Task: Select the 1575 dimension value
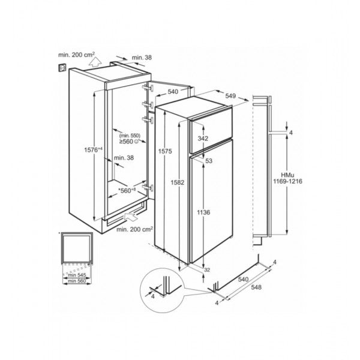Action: pyautogui.click(x=166, y=152)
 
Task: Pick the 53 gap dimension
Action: pyautogui.click(x=209, y=161)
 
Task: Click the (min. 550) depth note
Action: pyautogui.click(x=129, y=136)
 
